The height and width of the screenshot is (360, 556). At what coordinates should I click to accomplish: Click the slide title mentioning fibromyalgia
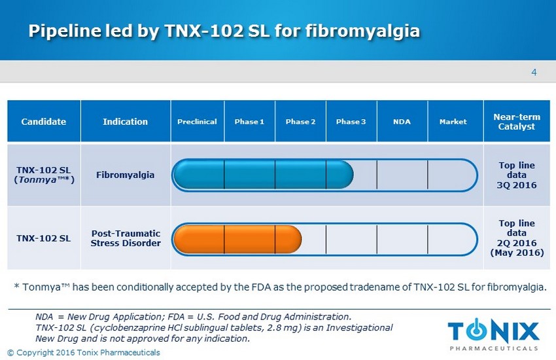224,31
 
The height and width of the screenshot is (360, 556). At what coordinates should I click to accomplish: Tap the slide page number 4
534,73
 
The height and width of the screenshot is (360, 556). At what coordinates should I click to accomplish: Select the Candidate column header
44,122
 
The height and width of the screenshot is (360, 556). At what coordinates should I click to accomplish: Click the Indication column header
125,122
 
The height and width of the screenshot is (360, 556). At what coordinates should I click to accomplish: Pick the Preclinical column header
197,122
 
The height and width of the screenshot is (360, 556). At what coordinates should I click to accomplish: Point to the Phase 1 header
249,122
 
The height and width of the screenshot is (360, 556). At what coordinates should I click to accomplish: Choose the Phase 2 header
300,122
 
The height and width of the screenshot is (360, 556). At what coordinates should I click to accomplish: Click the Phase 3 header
351,122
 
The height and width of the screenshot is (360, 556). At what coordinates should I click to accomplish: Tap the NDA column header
402,122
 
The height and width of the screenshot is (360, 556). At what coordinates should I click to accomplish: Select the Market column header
453,122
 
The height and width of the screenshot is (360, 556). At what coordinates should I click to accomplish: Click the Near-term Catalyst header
517,122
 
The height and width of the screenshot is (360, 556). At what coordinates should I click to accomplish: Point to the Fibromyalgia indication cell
125,175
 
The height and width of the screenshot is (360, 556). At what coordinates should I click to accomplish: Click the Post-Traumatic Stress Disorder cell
126,238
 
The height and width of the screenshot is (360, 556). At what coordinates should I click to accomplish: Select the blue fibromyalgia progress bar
263,175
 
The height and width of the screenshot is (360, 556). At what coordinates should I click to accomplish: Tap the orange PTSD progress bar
237,239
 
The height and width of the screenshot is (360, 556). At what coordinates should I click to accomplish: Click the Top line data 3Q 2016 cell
517,175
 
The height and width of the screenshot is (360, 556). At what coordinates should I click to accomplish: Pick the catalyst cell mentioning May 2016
517,238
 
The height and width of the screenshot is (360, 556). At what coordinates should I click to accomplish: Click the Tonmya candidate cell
44,175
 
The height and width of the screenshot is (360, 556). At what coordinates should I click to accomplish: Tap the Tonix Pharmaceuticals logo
494,334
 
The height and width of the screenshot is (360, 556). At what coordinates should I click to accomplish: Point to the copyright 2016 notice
84,353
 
